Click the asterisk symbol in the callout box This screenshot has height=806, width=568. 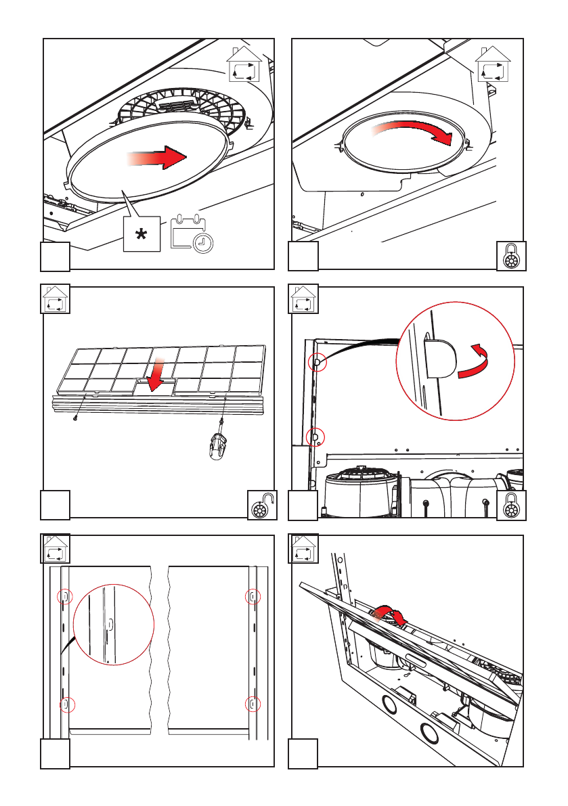(141, 235)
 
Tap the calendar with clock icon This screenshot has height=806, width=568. (191, 234)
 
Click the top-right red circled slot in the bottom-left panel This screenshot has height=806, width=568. (253, 596)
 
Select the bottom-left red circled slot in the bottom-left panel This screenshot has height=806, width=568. (65, 704)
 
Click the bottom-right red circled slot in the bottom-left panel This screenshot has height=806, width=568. (253, 704)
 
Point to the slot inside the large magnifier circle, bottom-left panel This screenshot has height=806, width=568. (110, 623)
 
